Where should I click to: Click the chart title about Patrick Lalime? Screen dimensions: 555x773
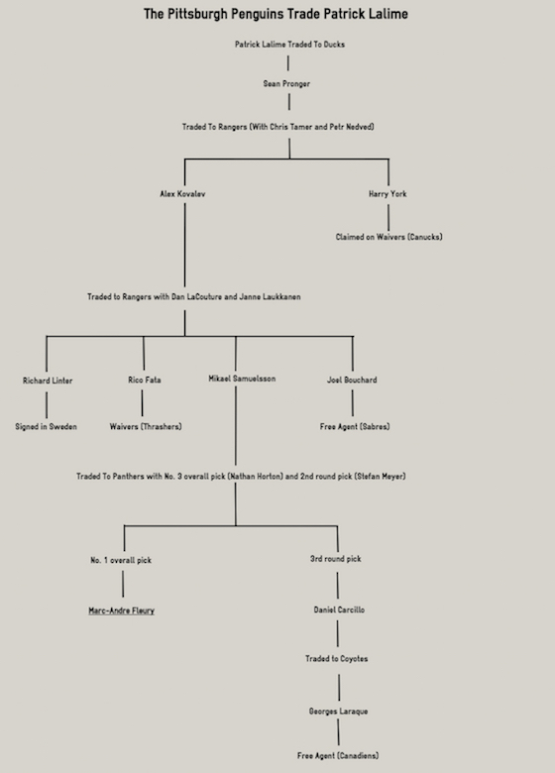tap(276, 14)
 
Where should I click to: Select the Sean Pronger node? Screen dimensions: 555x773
tap(286, 84)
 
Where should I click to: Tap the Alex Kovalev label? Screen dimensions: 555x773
tap(182, 193)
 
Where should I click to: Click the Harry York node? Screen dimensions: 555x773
tap(388, 193)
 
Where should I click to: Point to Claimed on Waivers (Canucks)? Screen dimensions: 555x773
tap(388, 237)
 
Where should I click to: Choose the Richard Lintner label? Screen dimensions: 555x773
tap(48, 381)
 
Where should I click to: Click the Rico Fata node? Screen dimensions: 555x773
tap(145, 380)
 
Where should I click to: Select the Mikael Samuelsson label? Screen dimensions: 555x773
tap(242, 379)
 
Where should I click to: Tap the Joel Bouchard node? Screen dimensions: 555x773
tap(352, 380)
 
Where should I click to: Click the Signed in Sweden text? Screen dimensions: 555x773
tap(46, 426)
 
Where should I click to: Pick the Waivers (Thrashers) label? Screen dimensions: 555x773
tap(146, 426)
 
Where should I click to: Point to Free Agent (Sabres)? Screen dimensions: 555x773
tap(355, 426)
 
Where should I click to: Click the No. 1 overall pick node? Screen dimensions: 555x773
tap(121, 560)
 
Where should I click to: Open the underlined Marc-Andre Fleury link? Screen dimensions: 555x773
tap(121, 610)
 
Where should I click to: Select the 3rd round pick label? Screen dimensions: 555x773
tap(336, 559)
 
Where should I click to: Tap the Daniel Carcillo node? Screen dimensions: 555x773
tap(339, 609)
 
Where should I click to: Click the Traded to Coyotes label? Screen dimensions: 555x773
tap(336, 659)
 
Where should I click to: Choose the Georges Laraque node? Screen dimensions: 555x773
tap(338, 712)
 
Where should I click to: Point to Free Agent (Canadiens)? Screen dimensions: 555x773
tap(338, 755)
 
